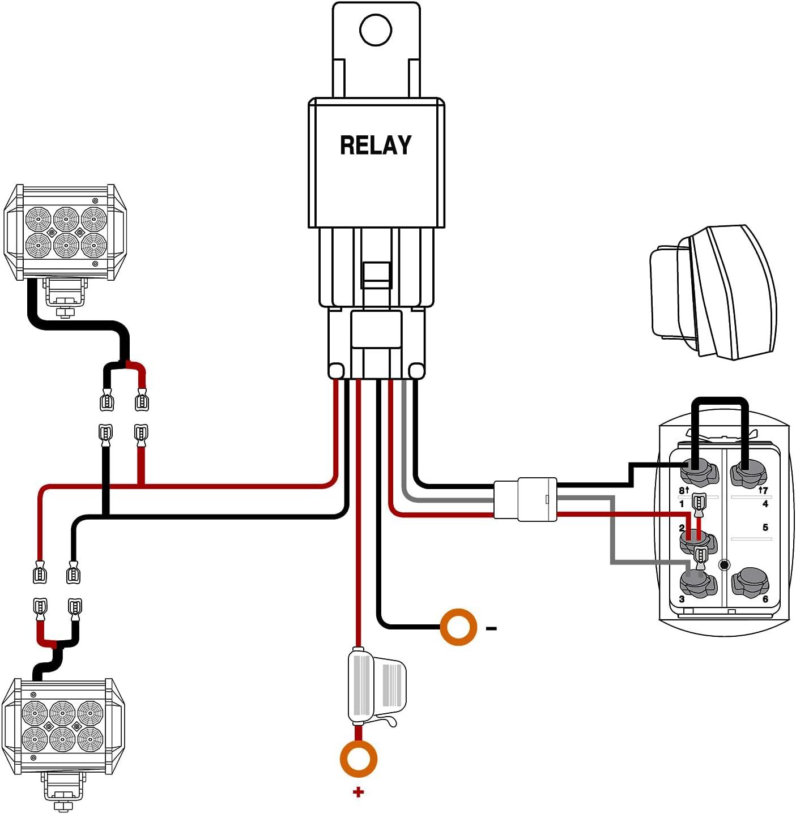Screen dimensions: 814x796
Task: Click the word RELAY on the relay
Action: coord(376,145)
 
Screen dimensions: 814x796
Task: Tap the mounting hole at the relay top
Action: coord(376,30)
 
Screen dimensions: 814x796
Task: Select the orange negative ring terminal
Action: coord(458,627)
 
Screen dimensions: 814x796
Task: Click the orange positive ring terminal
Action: coord(358,758)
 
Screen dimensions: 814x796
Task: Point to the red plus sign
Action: coord(358,792)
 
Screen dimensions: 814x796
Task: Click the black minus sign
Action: coord(491,628)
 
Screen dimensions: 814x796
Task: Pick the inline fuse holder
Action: coord(375,688)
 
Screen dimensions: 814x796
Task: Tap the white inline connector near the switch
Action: coord(525,499)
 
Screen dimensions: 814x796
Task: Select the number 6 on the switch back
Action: coord(765,599)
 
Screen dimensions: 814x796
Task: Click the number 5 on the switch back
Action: coord(765,528)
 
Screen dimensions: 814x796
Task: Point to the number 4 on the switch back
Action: coord(765,504)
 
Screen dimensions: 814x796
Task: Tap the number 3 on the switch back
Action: coord(682,599)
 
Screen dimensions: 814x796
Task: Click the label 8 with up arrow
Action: coord(684,490)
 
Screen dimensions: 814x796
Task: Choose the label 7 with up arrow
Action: coord(763,490)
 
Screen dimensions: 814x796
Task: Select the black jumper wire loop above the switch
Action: coord(720,401)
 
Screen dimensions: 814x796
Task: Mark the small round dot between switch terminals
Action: coord(723,564)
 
